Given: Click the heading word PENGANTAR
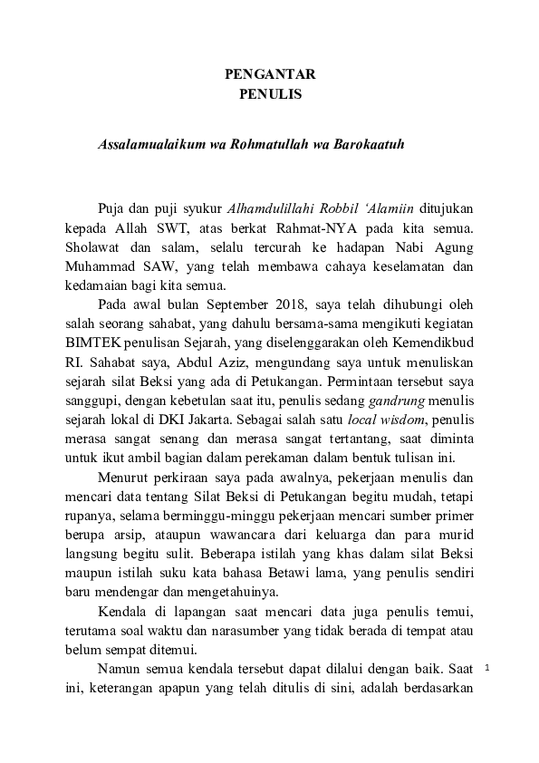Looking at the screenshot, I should [269, 74].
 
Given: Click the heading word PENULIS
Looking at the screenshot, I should [269, 93].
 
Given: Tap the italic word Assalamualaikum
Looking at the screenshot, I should [147, 144].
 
